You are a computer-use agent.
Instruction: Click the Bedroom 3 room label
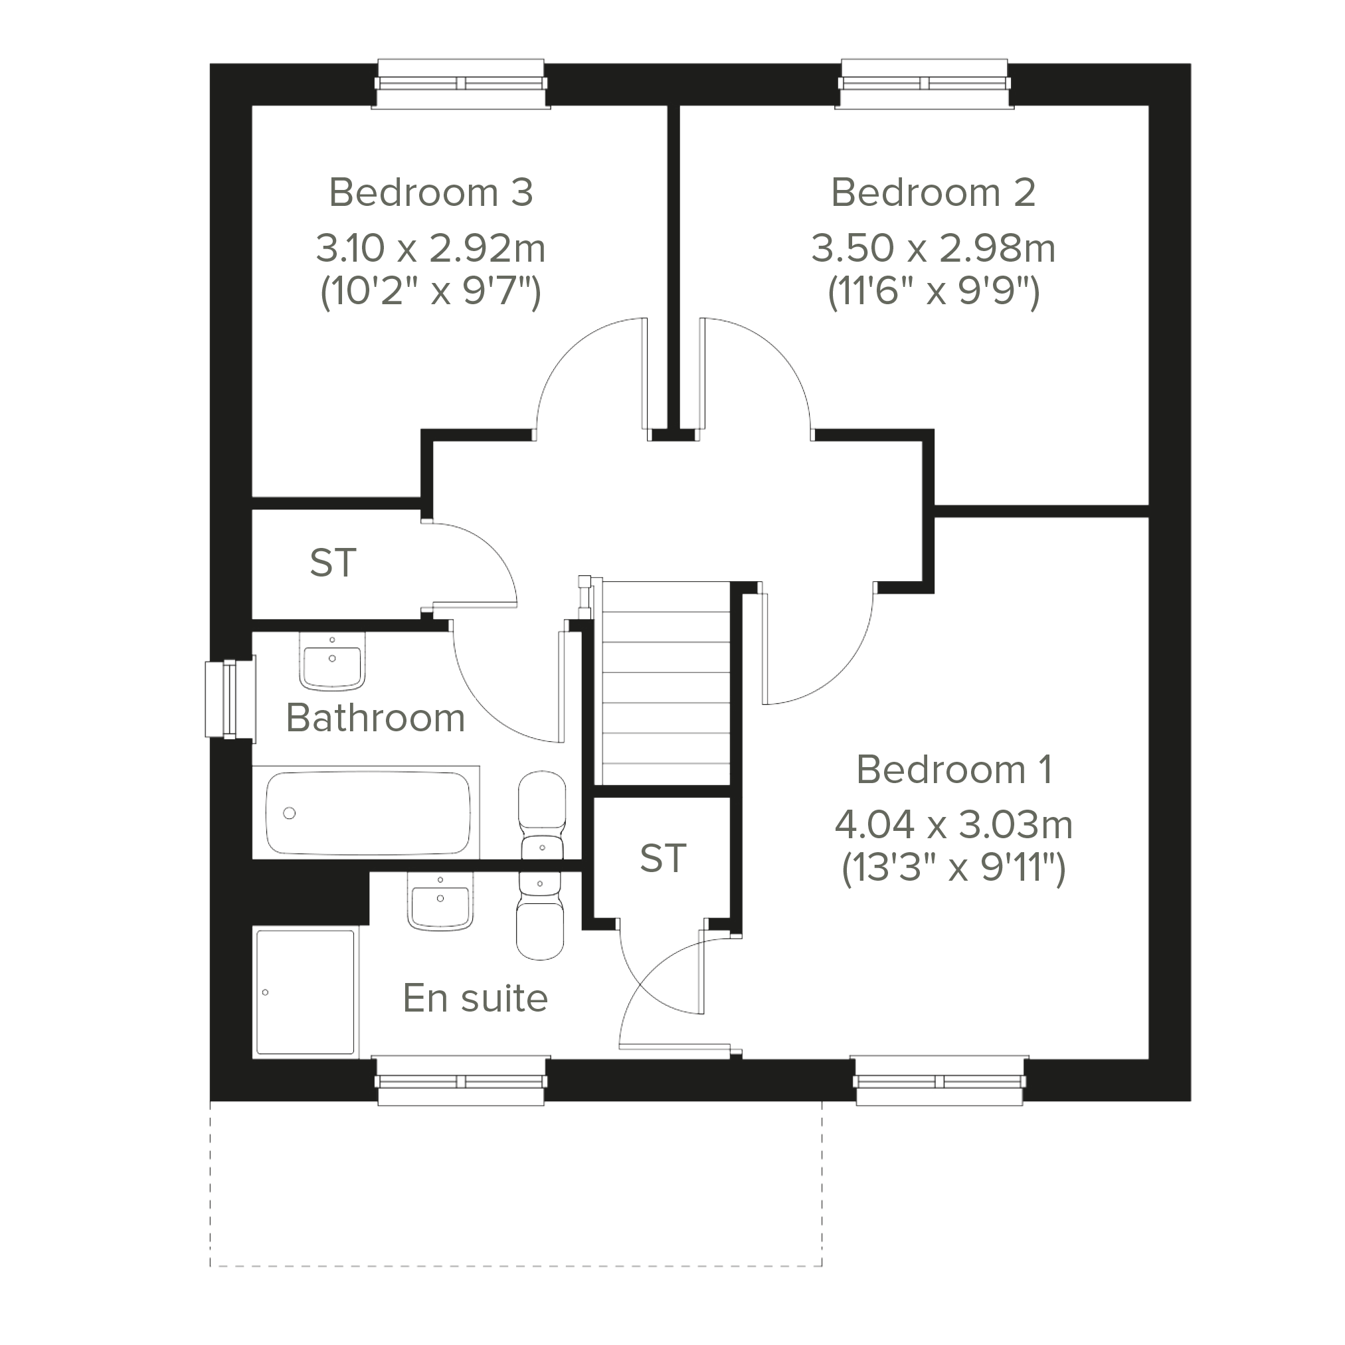(x=431, y=192)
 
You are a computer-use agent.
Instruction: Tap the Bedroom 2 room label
(x=933, y=192)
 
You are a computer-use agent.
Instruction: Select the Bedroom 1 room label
(x=954, y=769)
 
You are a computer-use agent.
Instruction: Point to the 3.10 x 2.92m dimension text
(x=430, y=248)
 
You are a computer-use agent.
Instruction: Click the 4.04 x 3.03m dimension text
(x=954, y=825)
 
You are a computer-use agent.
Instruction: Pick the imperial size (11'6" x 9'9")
(x=934, y=290)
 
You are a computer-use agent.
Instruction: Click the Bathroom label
(x=375, y=717)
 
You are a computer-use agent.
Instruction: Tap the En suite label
(x=476, y=998)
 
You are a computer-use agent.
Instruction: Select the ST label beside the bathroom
(x=333, y=563)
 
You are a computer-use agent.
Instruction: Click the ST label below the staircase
(x=663, y=857)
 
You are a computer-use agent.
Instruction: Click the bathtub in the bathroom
(x=367, y=812)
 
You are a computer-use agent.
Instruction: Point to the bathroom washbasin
(x=332, y=662)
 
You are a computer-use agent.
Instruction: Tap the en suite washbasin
(x=440, y=901)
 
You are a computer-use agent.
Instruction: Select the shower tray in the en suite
(x=306, y=992)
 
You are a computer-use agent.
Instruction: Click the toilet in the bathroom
(x=541, y=814)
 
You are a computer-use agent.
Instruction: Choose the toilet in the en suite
(x=540, y=915)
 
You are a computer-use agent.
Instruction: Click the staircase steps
(x=666, y=683)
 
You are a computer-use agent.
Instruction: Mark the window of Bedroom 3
(x=461, y=84)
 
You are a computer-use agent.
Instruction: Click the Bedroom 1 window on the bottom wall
(x=940, y=1081)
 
